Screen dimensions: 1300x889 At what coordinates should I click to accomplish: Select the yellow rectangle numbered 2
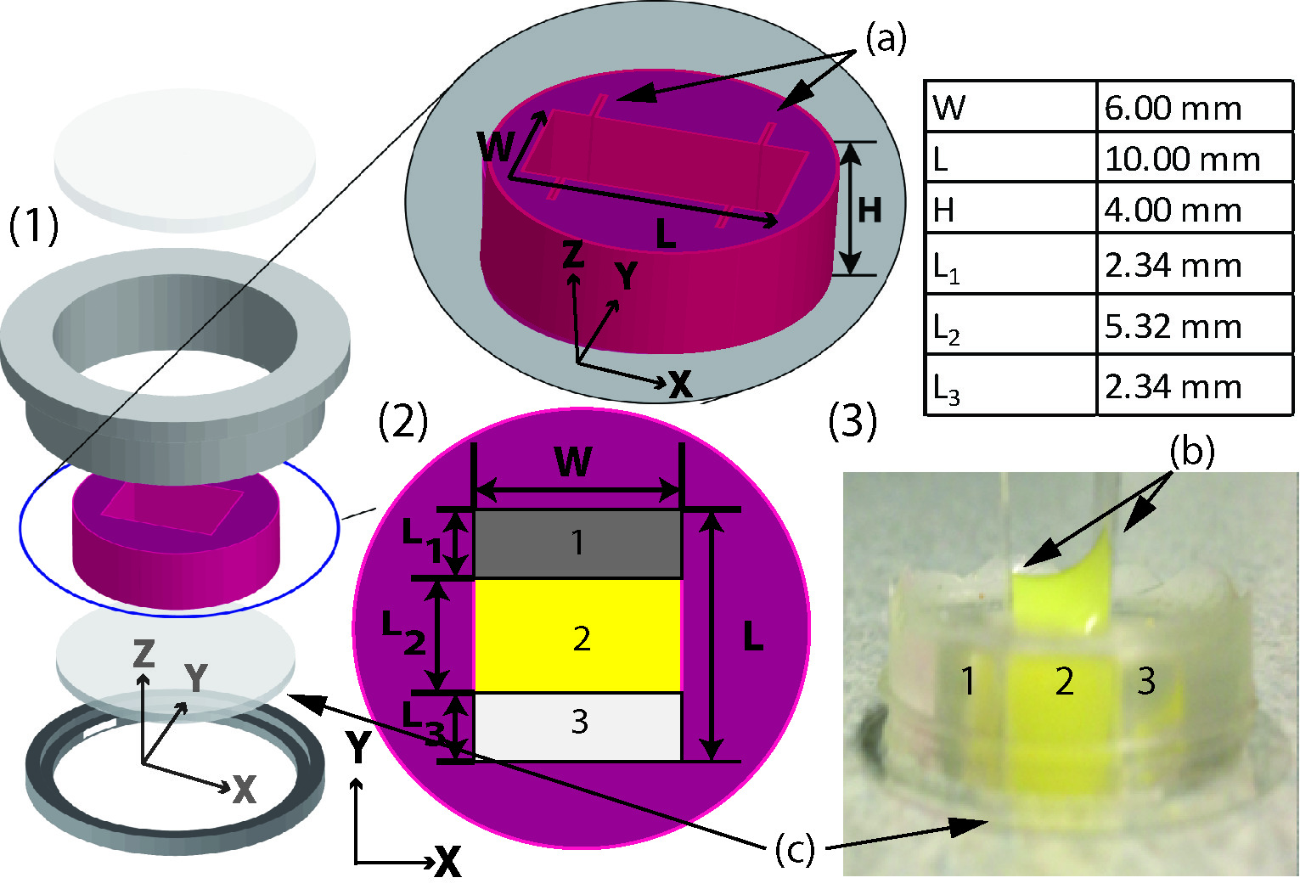(577, 635)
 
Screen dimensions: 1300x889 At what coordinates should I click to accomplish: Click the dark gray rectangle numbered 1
(577, 543)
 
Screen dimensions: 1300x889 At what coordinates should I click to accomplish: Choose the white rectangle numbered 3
(577, 726)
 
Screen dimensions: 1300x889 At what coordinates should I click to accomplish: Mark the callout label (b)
(1192, 452)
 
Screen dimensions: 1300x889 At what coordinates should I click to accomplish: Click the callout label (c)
(795, 850)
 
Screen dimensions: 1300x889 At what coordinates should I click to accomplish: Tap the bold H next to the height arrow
(869, 210)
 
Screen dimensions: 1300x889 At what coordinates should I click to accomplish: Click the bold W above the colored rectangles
(573, 463)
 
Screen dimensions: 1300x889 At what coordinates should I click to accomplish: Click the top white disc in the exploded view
(184, 160)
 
